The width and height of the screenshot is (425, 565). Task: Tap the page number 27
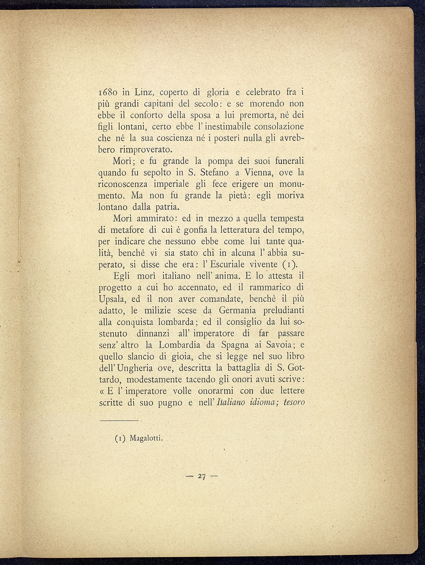tap(202, 476)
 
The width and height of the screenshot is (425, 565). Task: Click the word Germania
tap(237, 310)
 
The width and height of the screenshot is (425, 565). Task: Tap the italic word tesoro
tap(294, 402)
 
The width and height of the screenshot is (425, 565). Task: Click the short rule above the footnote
tap(119, 421)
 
